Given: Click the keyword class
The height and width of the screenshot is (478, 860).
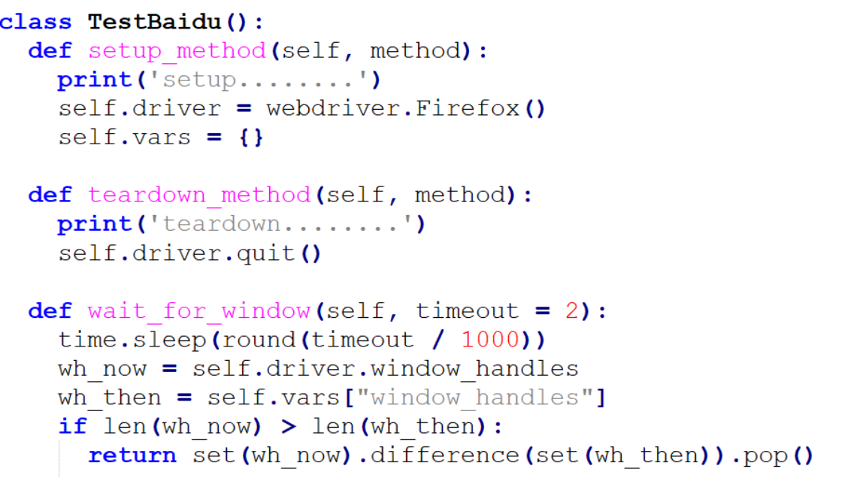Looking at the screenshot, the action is pyautogui.click(x=36, y=22).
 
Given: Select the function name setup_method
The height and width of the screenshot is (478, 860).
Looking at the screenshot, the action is pyautogui.click(x=177, y=51).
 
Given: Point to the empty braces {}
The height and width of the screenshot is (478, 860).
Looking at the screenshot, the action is pyautogui.click(x=252, y=138).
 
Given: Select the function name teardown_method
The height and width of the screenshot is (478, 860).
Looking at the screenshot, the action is pyautogui.click(x=199, y=195).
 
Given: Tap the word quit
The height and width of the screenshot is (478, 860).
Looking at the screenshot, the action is pyautogui.click(x=266, y=253).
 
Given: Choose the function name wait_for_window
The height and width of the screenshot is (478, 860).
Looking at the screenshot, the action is pyautogui.click(x=199, y=311).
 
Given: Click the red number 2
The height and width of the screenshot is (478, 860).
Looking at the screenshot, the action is pyautogui.click(x=572, y=311).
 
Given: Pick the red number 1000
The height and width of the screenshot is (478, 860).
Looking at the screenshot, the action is pyautogui.click(x=490, y=340).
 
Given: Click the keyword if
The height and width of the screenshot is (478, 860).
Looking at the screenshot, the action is pyautogui.click(x=73, y=427).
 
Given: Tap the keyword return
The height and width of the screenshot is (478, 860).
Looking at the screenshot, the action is pyautogui.click(x=132, y=455).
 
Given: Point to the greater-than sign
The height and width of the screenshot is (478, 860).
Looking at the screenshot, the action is pyautogui.click(x=289, y=427).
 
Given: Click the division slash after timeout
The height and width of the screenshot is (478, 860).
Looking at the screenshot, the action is pyautogui.click(x=438, y=340).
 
